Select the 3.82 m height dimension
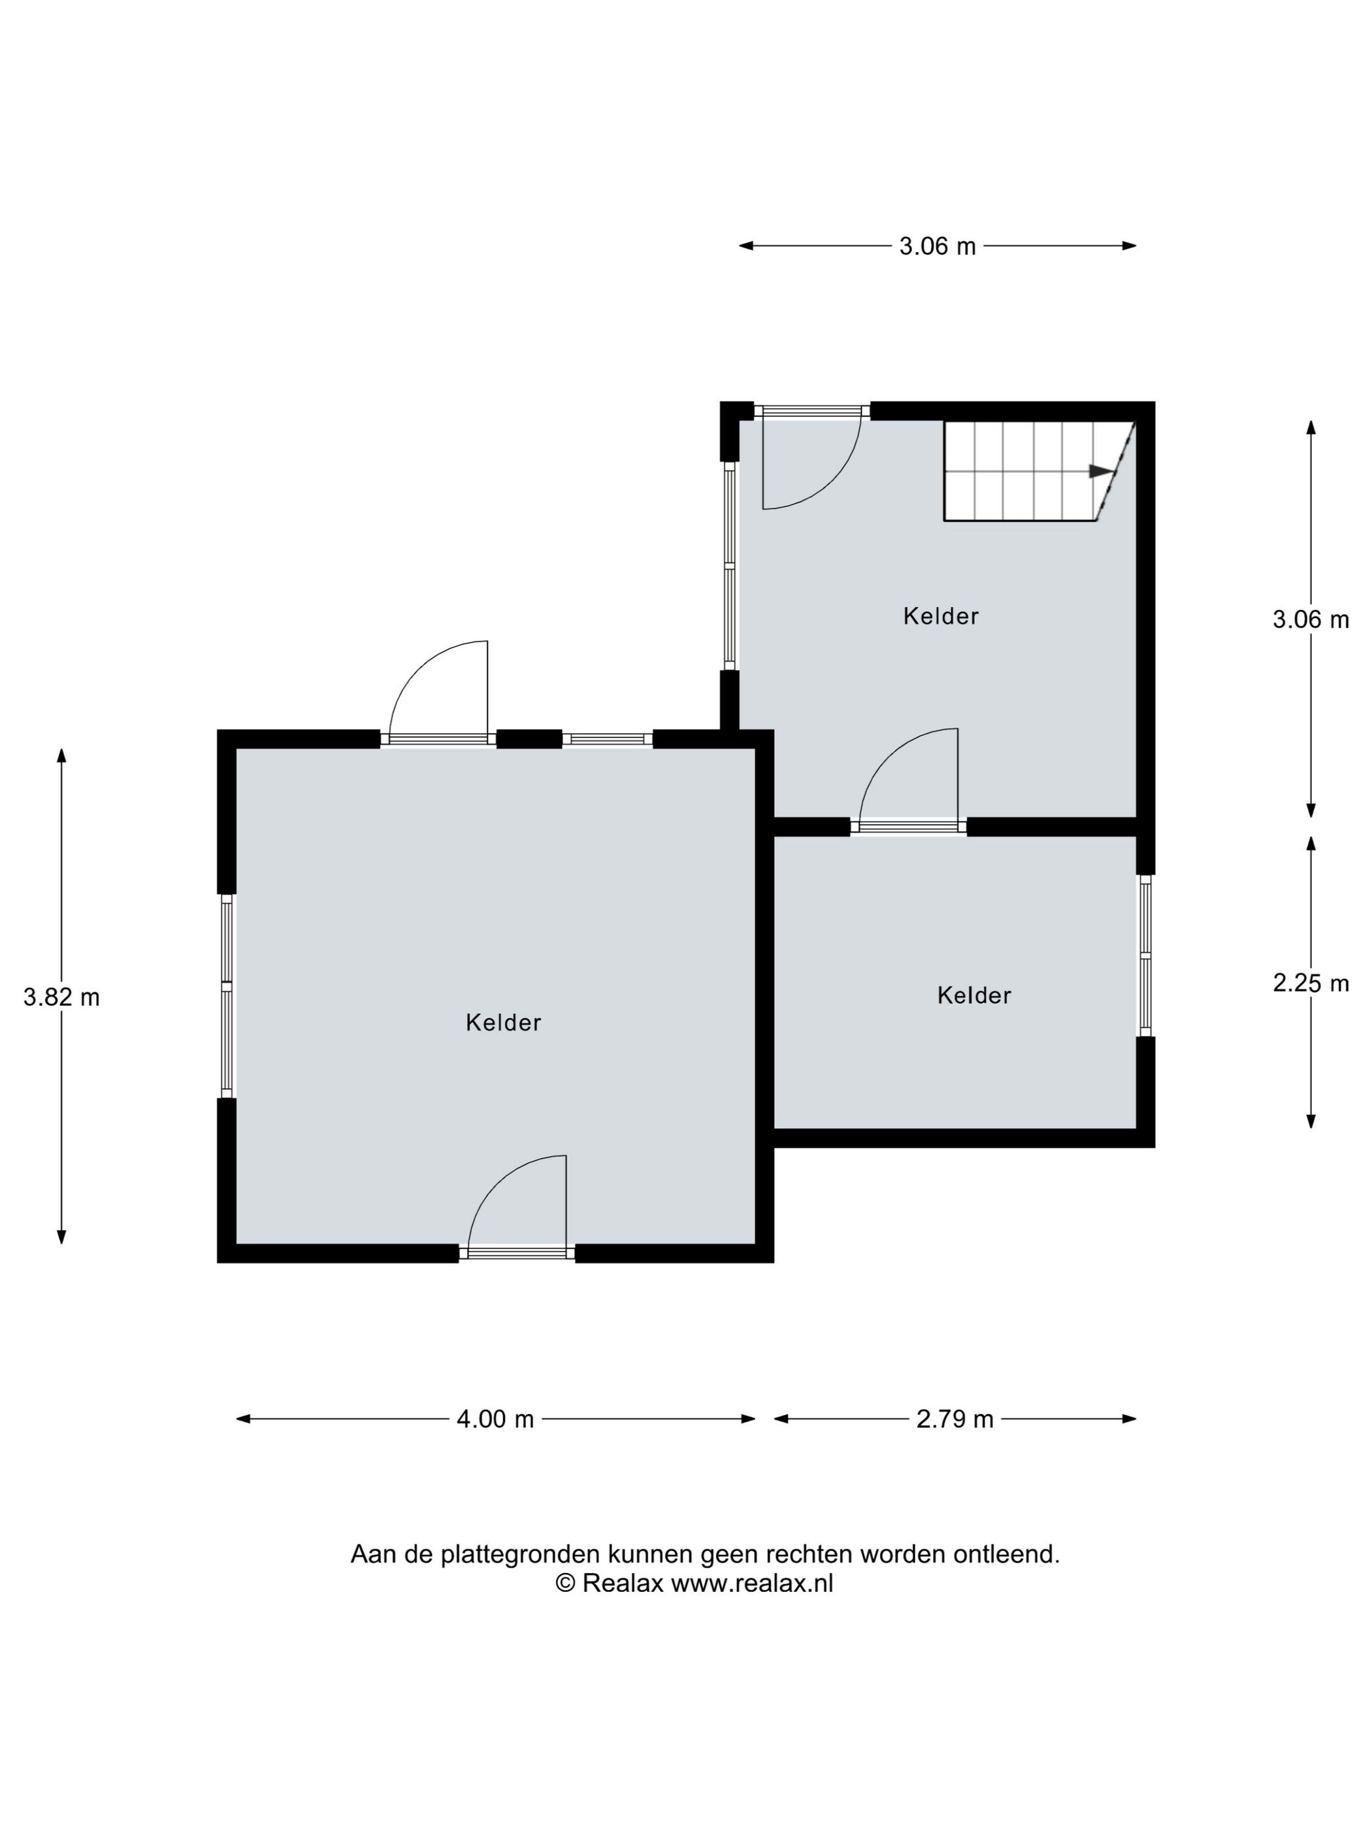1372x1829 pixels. tap(61, 998)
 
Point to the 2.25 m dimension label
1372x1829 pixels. tap(1311, 983)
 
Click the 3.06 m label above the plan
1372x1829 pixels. tap(938, 246)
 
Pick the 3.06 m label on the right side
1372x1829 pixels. tap(1311, 619)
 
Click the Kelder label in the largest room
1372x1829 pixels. tap(503, 1023)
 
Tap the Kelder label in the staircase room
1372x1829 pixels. tap(940, 616)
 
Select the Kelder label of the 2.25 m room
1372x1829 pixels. tap(974, 995)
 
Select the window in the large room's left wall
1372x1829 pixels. tap(227, 996)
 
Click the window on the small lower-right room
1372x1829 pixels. tap(1145, 956)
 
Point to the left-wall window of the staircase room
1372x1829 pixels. tap(729, 566)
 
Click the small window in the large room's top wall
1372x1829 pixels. tap(607, 739)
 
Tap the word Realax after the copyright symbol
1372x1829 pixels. tap(623, 1583)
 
